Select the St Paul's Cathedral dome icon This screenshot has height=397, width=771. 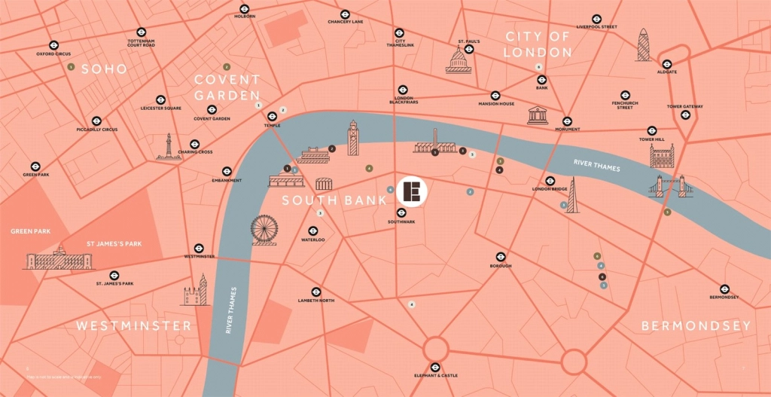(x=458, y=60)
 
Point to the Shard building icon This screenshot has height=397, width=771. (x=572, y=196)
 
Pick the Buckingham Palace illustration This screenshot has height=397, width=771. (x=59, y=261)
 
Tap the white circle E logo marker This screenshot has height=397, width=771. (x=412, y=192)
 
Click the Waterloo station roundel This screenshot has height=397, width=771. (x=313, y=231)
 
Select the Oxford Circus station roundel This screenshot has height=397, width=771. (x=53, y=45)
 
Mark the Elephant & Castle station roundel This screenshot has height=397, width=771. (x=435, y=366)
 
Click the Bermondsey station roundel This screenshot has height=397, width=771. (x=724, y=288)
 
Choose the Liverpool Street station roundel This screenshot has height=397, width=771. (x=596, y=18)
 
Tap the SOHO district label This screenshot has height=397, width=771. (x=104, y=69)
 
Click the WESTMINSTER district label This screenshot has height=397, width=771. (x=133, y=325)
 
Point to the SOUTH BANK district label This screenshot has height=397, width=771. (x=334, y=200)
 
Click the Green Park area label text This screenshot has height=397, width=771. (x=31, y=231)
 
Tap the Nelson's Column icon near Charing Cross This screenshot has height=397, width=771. (x=168, y=148)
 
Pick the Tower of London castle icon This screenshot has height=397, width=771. (x=662, y=157)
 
